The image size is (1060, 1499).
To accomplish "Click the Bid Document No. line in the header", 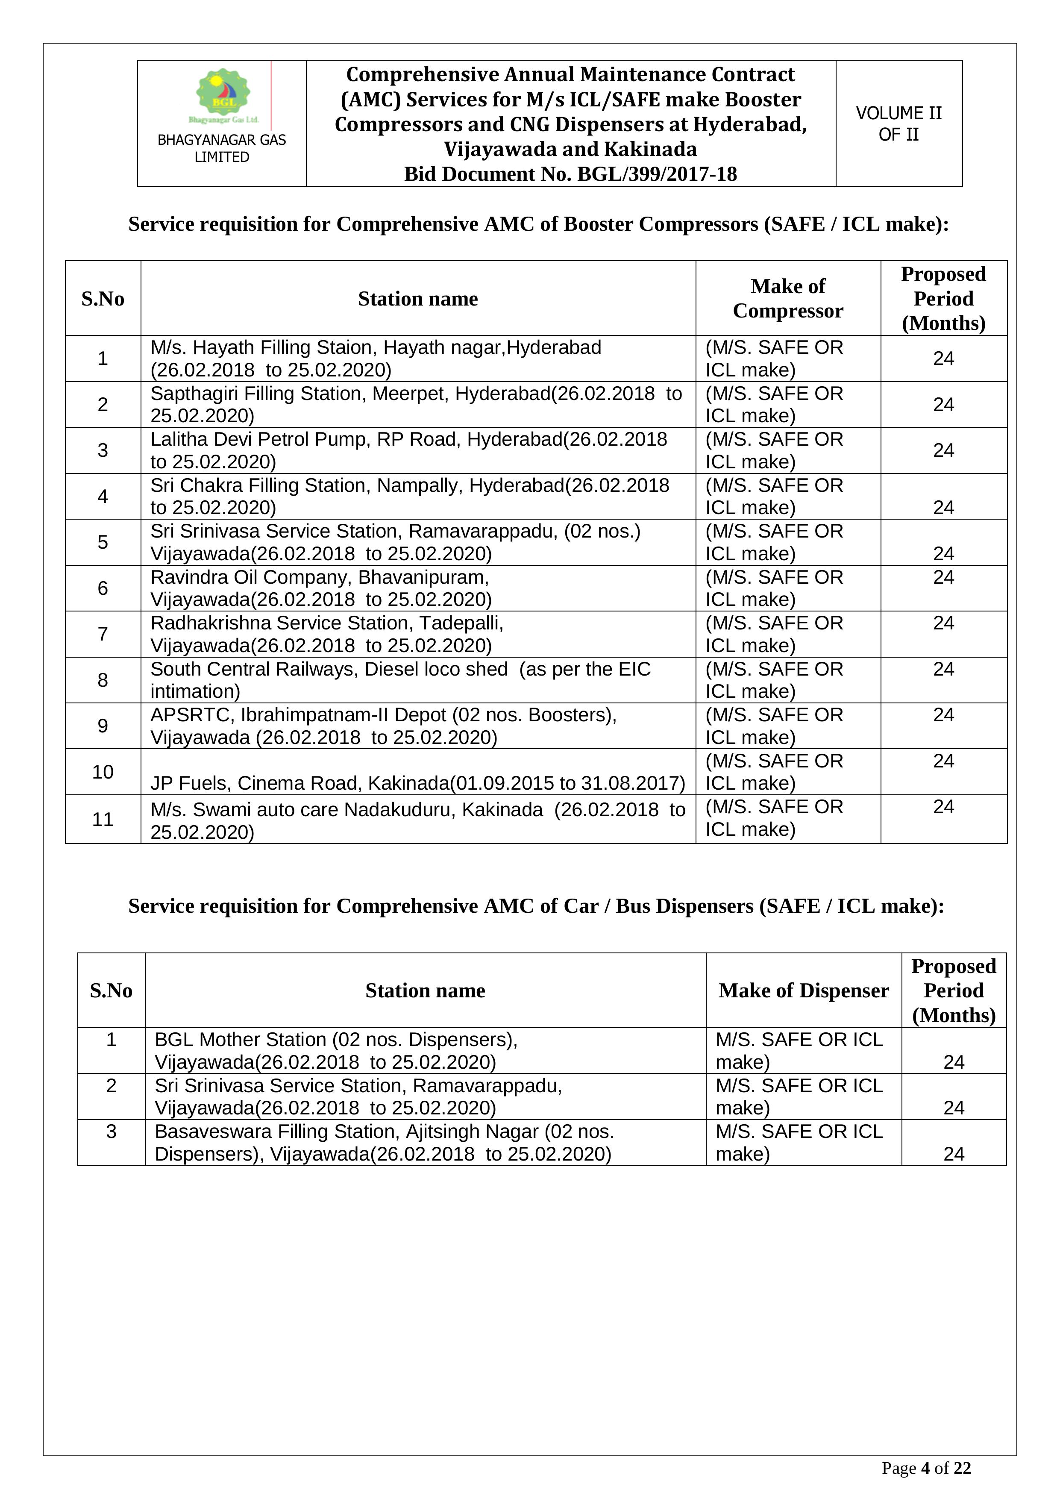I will click(570, 174).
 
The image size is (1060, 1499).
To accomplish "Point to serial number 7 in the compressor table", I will click(103, 634).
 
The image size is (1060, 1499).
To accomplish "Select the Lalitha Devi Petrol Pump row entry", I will click(408, 450).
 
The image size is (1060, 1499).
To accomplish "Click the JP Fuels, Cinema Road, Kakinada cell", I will click(418, 783).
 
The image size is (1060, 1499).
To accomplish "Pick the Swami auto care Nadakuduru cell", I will click(418, 820).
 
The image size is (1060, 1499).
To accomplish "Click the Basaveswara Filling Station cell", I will click(384, 1143).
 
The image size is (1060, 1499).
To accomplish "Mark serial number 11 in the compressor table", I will click(103, 819).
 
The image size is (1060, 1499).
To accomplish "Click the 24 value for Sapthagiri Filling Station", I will click(943, 405).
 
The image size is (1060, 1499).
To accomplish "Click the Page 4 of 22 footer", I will click(925, 1468).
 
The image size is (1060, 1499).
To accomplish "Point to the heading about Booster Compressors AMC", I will click(538, 224).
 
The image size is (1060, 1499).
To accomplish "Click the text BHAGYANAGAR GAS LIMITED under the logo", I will click(222, 148).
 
